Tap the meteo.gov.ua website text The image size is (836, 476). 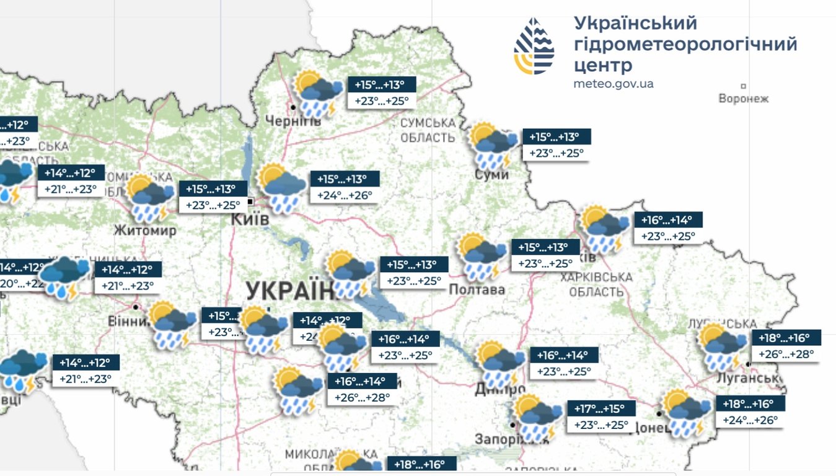coord(614,84)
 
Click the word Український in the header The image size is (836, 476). coord(635,24)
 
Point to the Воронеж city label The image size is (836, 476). coord(743,99)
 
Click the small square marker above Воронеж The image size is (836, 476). coord(743,86)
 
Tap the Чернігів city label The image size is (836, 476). coord(293,120)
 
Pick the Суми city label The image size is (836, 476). coord(493,175)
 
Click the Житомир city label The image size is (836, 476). coord(145,231)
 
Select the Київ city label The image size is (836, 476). coord(249,219)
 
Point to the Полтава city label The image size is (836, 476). coord(477,289)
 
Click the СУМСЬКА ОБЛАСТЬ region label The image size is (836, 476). coord(428,130)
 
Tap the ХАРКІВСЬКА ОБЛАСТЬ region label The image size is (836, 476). coord(596,284)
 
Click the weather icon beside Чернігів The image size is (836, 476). coord(317,94)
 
